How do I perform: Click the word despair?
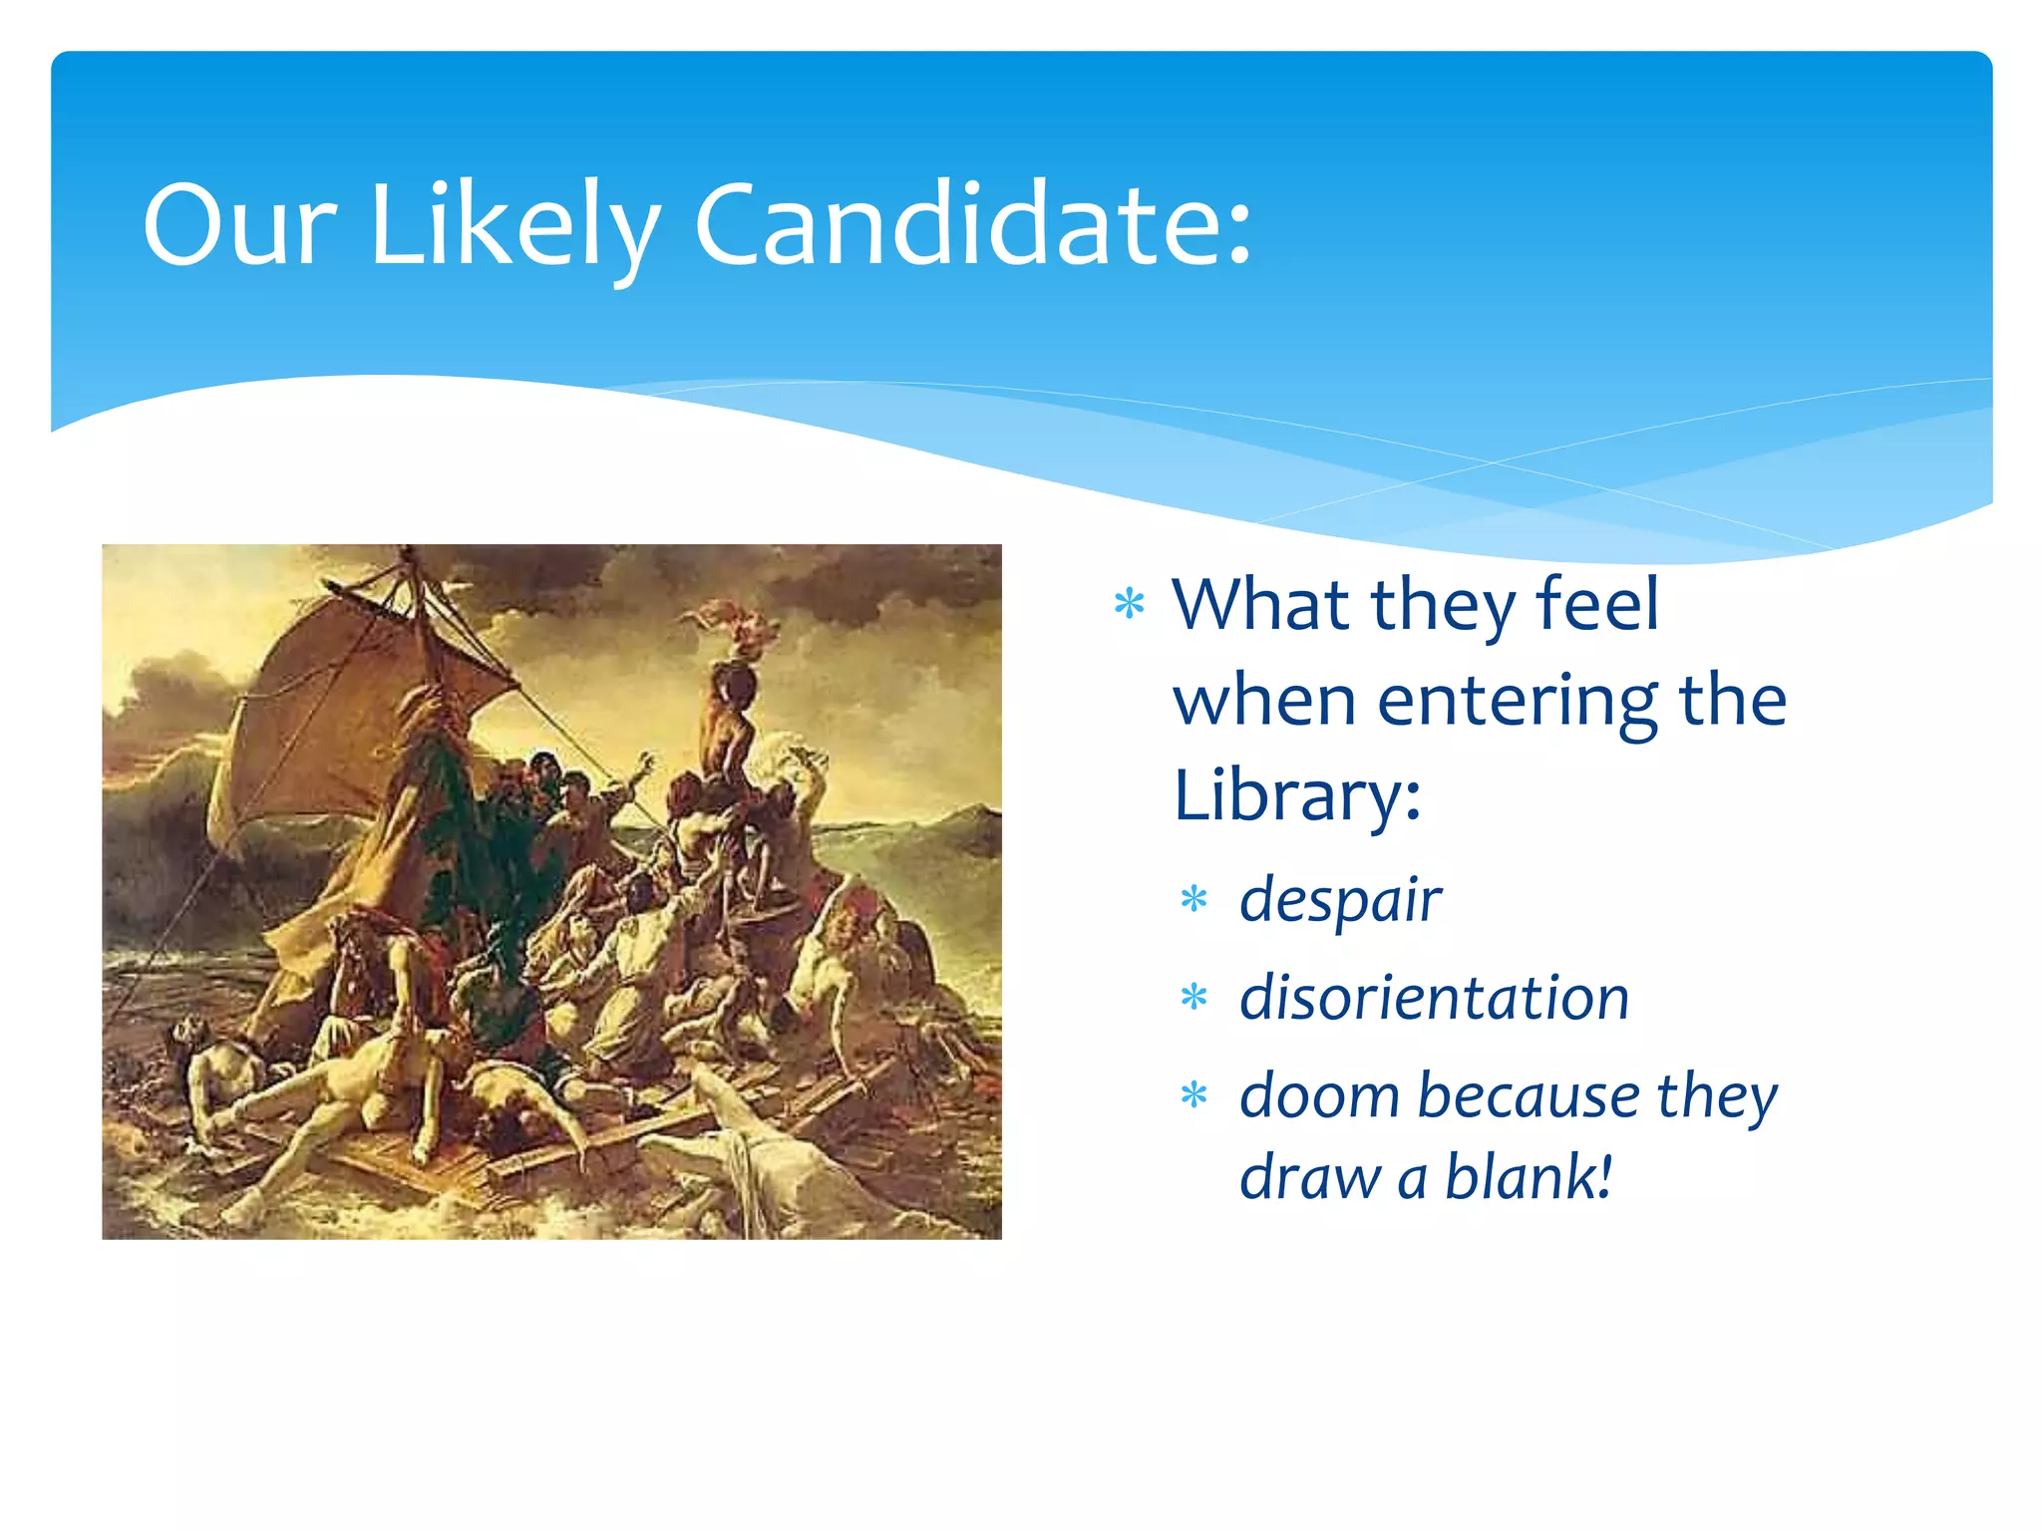tap(1340, 900)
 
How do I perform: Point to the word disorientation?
tap(1434, 998)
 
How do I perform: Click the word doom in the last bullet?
tap(1319, 1095)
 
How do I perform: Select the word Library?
tap(1297, 794)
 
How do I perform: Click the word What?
tap(1261, 603)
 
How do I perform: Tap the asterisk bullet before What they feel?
tap(1130, 604)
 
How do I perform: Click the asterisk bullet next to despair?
tap(1193, 900)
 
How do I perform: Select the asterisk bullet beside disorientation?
tap(1193, 997)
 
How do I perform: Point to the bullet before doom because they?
tap(1193, 1095)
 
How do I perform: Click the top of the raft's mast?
tap(407, 554)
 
